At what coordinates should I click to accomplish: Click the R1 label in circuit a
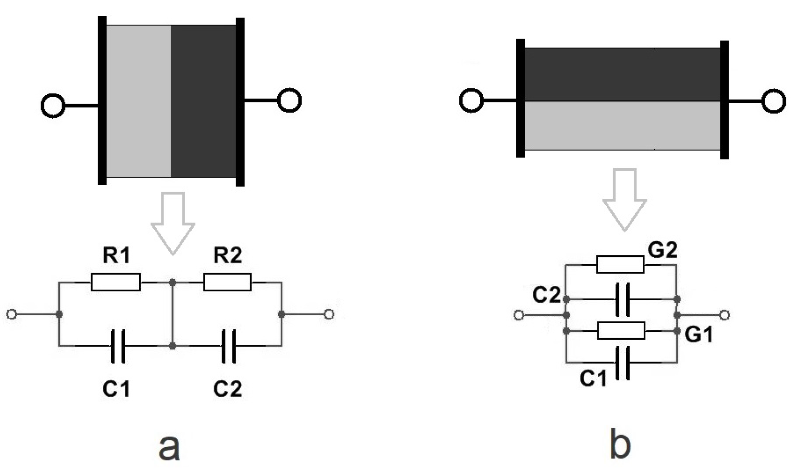[x=116, y=255]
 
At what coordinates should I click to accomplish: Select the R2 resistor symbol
[x=227, y=282]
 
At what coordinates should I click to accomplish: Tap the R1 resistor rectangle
[x=115, y=282]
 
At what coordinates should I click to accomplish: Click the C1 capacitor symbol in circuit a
[x=118, y=346]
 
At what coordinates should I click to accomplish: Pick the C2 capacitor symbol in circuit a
[x=229, y=346]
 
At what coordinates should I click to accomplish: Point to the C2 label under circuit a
[x=228, y=389]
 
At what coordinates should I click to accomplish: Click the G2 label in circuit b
[x=662, y=250]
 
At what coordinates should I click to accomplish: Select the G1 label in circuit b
[x=698, y=335]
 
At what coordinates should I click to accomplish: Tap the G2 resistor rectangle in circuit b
[x=620, y=264]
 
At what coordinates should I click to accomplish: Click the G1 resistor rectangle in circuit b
[x=621, y=330]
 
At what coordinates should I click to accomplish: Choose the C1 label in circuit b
[x=593, y=378]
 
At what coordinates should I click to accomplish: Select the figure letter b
[x=620, y=444]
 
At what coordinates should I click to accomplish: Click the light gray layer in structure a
[x=138, y=101]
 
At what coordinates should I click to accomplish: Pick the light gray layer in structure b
[x=622, y=126]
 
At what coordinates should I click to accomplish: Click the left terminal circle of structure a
[x=53, y=105]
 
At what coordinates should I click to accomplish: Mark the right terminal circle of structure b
[x=773, y=101]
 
